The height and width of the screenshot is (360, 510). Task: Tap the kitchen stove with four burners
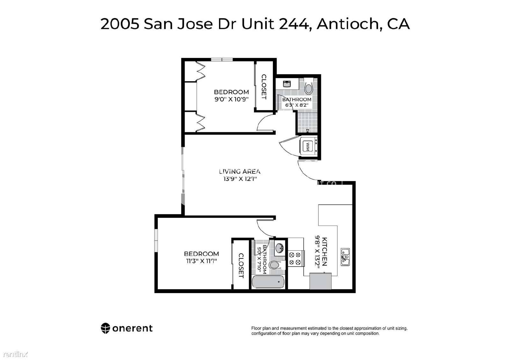(x=296, y=258)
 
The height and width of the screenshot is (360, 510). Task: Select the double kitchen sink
(x=345, y=257)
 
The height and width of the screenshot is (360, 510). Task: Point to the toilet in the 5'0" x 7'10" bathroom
(x=277, y=265)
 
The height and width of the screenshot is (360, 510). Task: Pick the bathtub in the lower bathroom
(x=268, y=282)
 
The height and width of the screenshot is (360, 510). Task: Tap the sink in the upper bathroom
(x=287, y=84)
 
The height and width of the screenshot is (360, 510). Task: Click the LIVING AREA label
(x=240, y=171)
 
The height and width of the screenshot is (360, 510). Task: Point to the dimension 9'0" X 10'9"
(x=231, y=99)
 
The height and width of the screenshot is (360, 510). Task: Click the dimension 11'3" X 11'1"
(x=201, y=261)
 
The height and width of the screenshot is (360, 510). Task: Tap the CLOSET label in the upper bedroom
(x=264, y=87)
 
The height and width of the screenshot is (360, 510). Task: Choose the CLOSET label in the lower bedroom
(x=241, y=266)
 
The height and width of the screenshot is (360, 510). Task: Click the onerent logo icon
(x=106, y=328)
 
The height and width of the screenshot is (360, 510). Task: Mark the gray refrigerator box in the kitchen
(x=320, y=281)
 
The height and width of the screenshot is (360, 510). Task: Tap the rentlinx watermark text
(x=16, y=354)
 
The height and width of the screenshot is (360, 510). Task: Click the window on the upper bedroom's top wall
(x=222, y=60)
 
